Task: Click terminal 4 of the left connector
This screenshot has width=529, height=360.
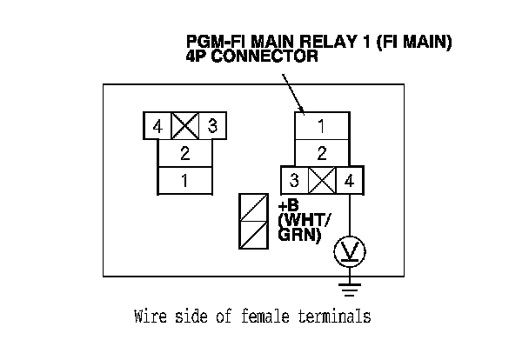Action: pos(157,126)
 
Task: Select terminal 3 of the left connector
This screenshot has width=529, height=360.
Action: pos(212,126)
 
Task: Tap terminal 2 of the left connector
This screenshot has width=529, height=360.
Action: pos(185,153)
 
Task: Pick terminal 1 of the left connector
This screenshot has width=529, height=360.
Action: pos(185,181)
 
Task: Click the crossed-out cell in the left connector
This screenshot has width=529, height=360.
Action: pos(184,126)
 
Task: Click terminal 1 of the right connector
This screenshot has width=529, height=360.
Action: pos(322,126)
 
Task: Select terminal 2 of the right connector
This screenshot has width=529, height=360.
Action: pos(322,153)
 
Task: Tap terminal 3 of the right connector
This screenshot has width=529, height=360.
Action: pos(295,180)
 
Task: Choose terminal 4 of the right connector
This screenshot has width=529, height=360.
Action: pos(350,180)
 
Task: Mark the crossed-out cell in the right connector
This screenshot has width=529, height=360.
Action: pos(322,180)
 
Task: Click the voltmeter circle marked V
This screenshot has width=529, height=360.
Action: pos(350,252)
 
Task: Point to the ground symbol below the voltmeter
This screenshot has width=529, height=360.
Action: pos(350,290)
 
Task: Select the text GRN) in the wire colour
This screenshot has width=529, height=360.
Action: pos(299,235)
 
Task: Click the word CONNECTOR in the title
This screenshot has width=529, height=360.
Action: pos(264,56)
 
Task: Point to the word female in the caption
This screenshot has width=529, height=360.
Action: pos(265,317)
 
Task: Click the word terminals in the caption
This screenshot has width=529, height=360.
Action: pos(334,317)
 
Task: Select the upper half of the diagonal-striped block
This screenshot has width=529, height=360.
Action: pos(254,207)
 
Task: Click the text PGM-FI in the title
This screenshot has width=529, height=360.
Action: pos(218,42)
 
